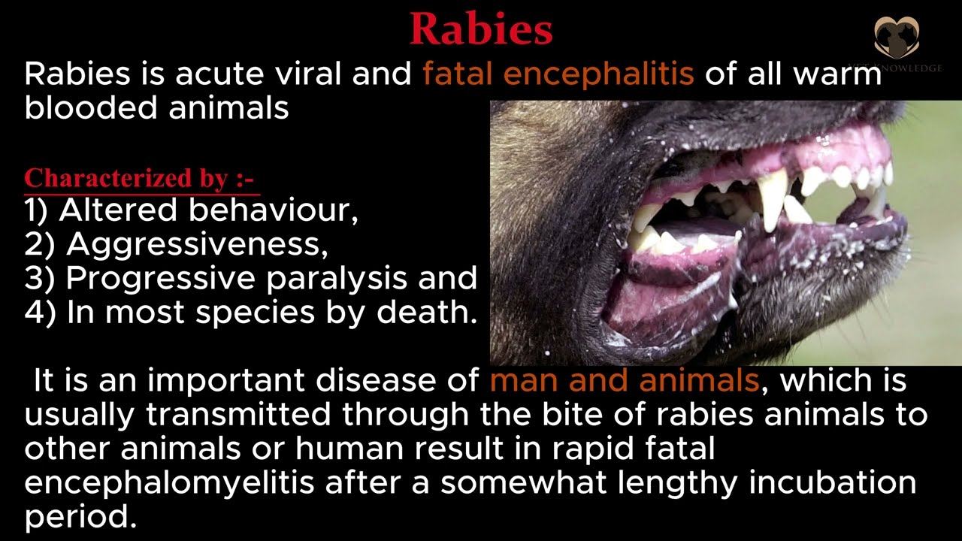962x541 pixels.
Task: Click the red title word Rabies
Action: [481, 30]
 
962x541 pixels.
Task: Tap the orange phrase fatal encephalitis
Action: [558, 75]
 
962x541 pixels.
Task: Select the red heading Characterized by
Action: [140, 179]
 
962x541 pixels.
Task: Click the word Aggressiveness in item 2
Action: [197, 245]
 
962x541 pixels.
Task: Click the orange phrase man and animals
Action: [625, 381]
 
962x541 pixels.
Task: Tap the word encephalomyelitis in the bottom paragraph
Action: [169, 483]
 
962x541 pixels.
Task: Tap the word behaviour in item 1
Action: [273, 211]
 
